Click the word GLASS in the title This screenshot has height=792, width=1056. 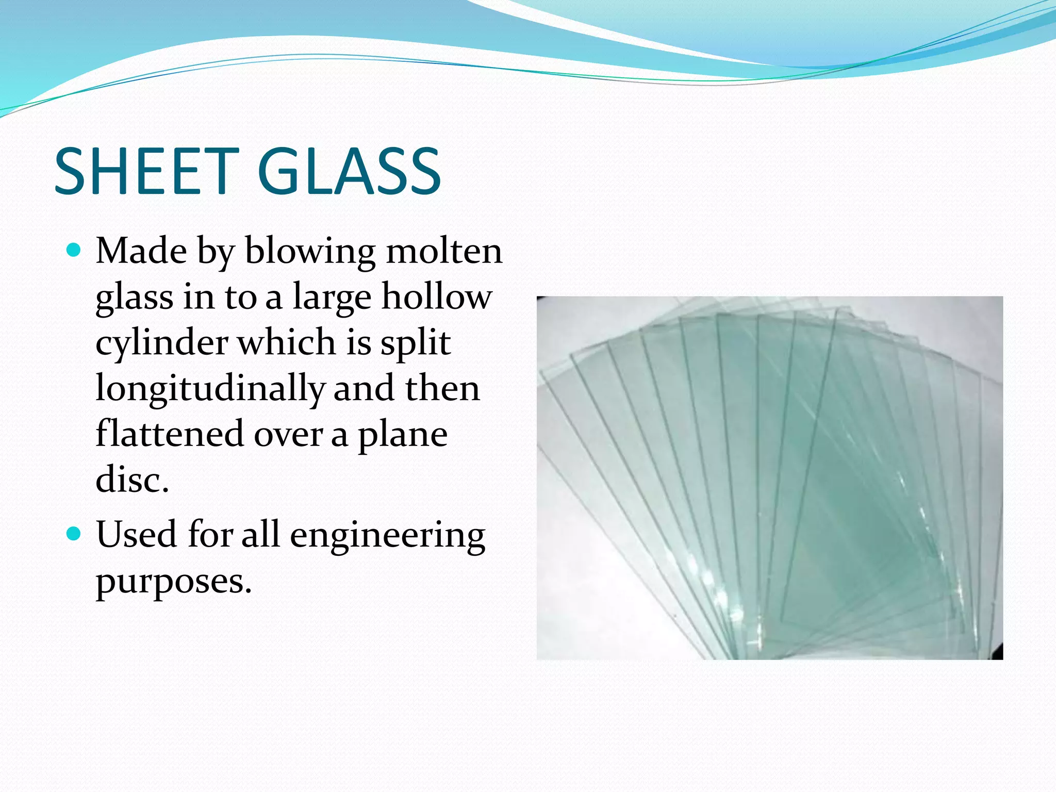click(349, 171)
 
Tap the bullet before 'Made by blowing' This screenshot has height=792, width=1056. click(74, 251)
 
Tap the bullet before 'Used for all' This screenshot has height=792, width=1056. click(74, 534)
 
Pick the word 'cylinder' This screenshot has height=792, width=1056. click(162, 343)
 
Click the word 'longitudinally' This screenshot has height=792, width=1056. click(210, 389)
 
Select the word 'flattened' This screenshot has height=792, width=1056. click(170, 434)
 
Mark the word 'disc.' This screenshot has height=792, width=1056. click(132, 480)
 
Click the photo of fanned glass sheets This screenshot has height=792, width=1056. click(769, 477)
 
